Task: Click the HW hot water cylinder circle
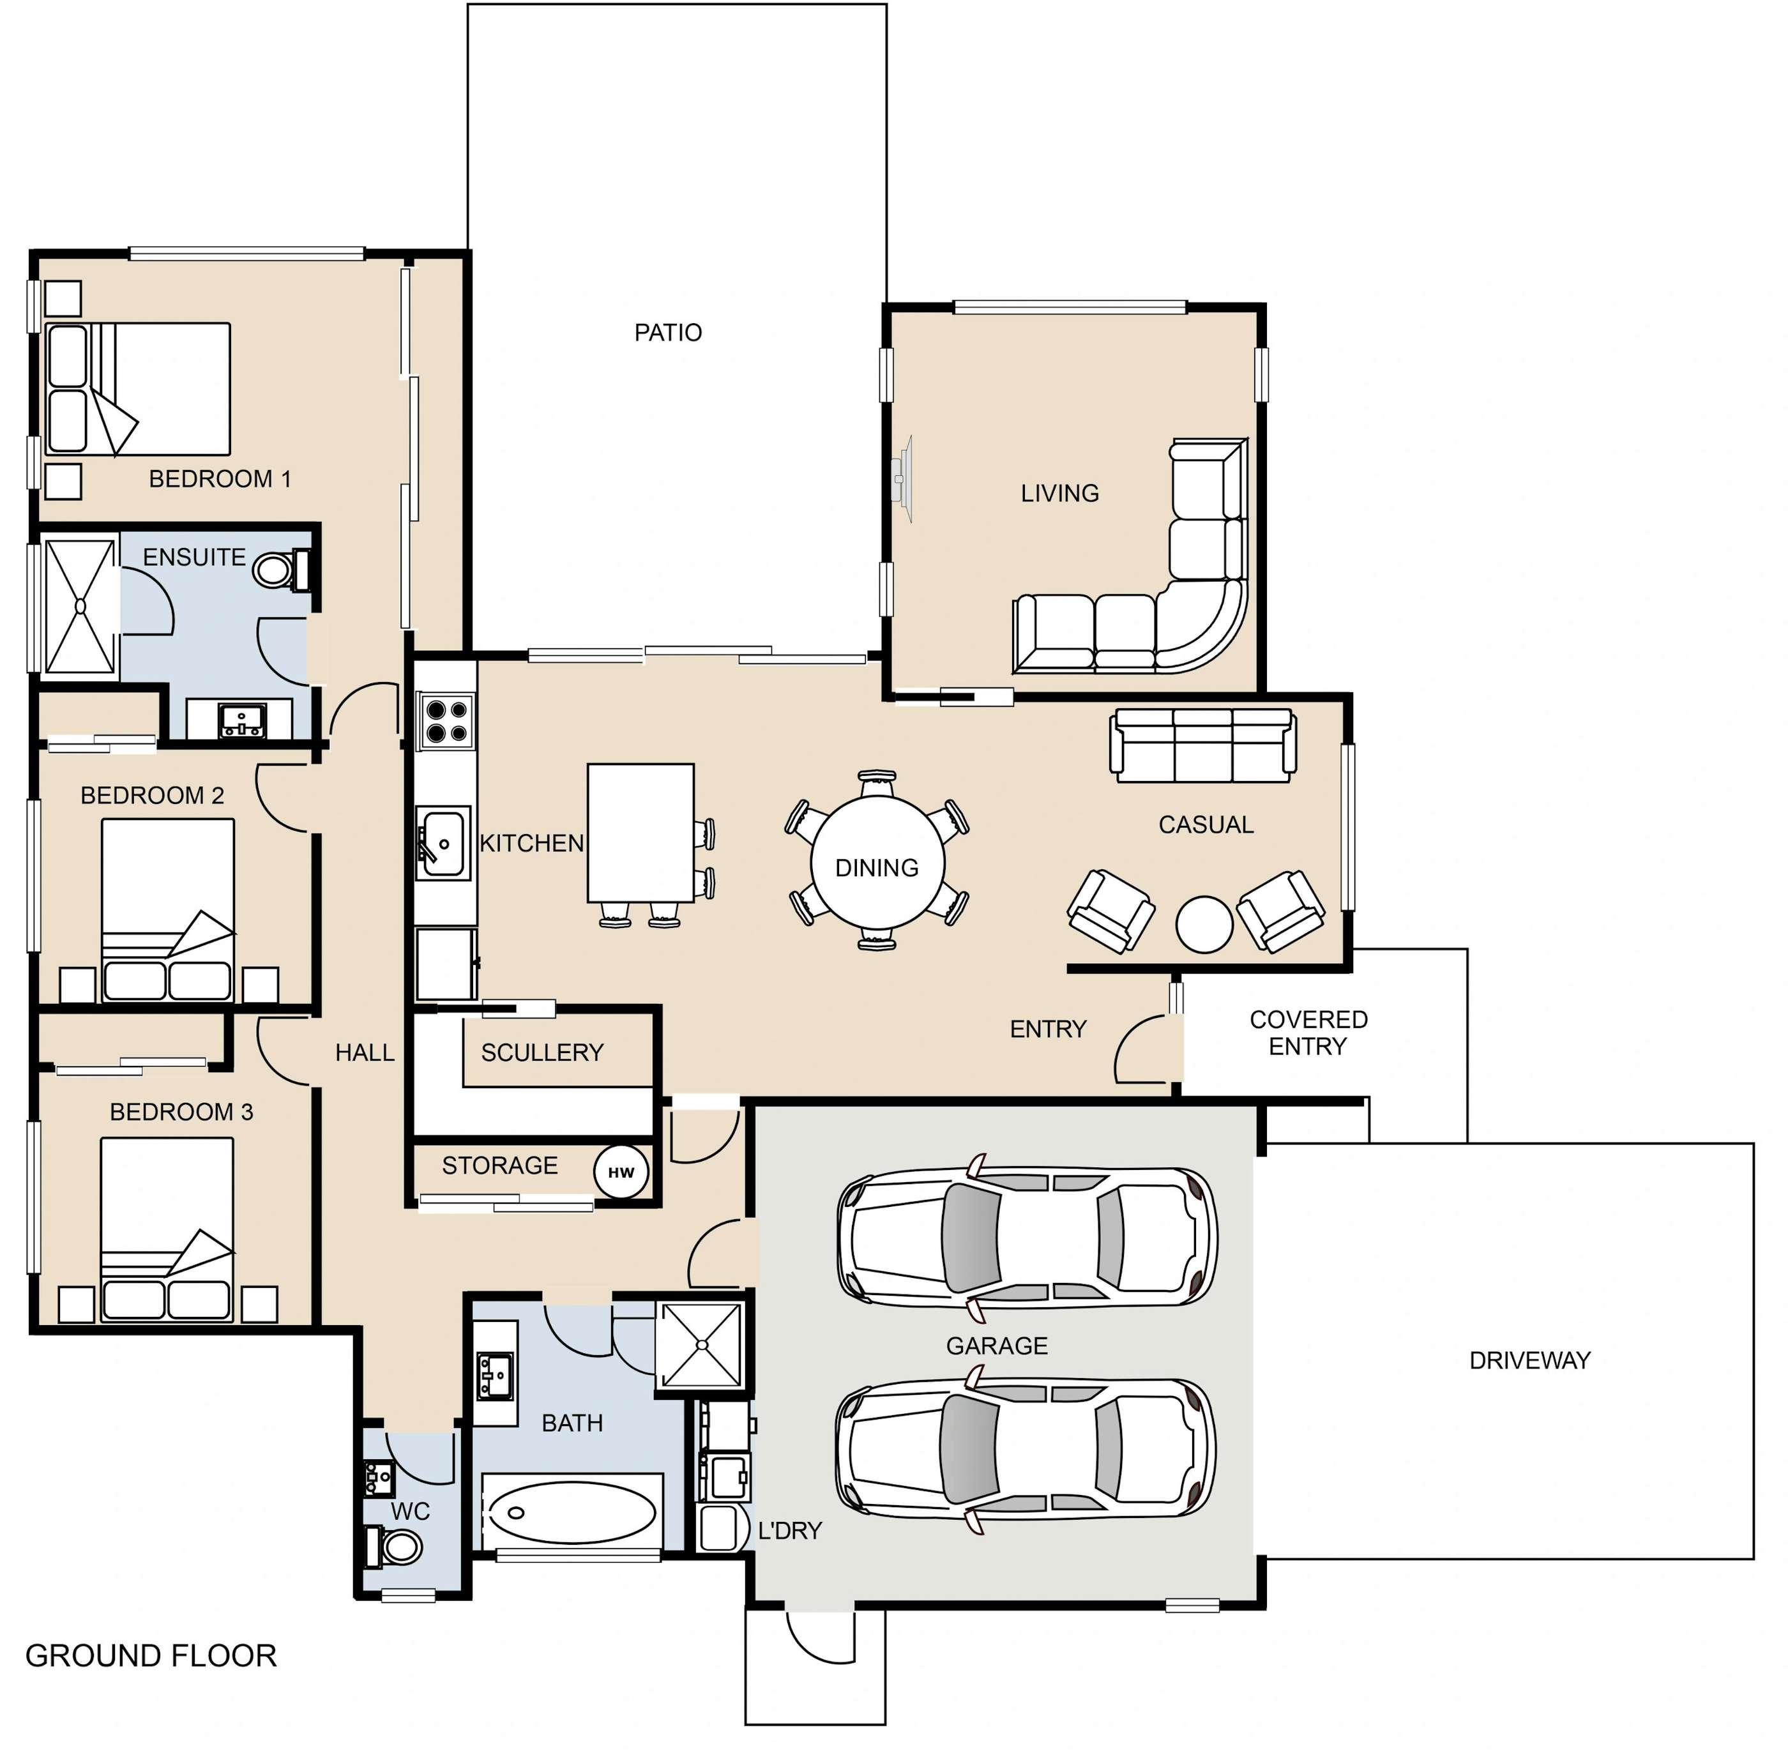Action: tap(621, 1172)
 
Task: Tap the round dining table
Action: tap(877, 863)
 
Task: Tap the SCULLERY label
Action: tap(542, 1052)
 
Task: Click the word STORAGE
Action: tap(500, 1165)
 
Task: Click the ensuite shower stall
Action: tap(80, 606)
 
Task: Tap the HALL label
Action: tap(365, 1052)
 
